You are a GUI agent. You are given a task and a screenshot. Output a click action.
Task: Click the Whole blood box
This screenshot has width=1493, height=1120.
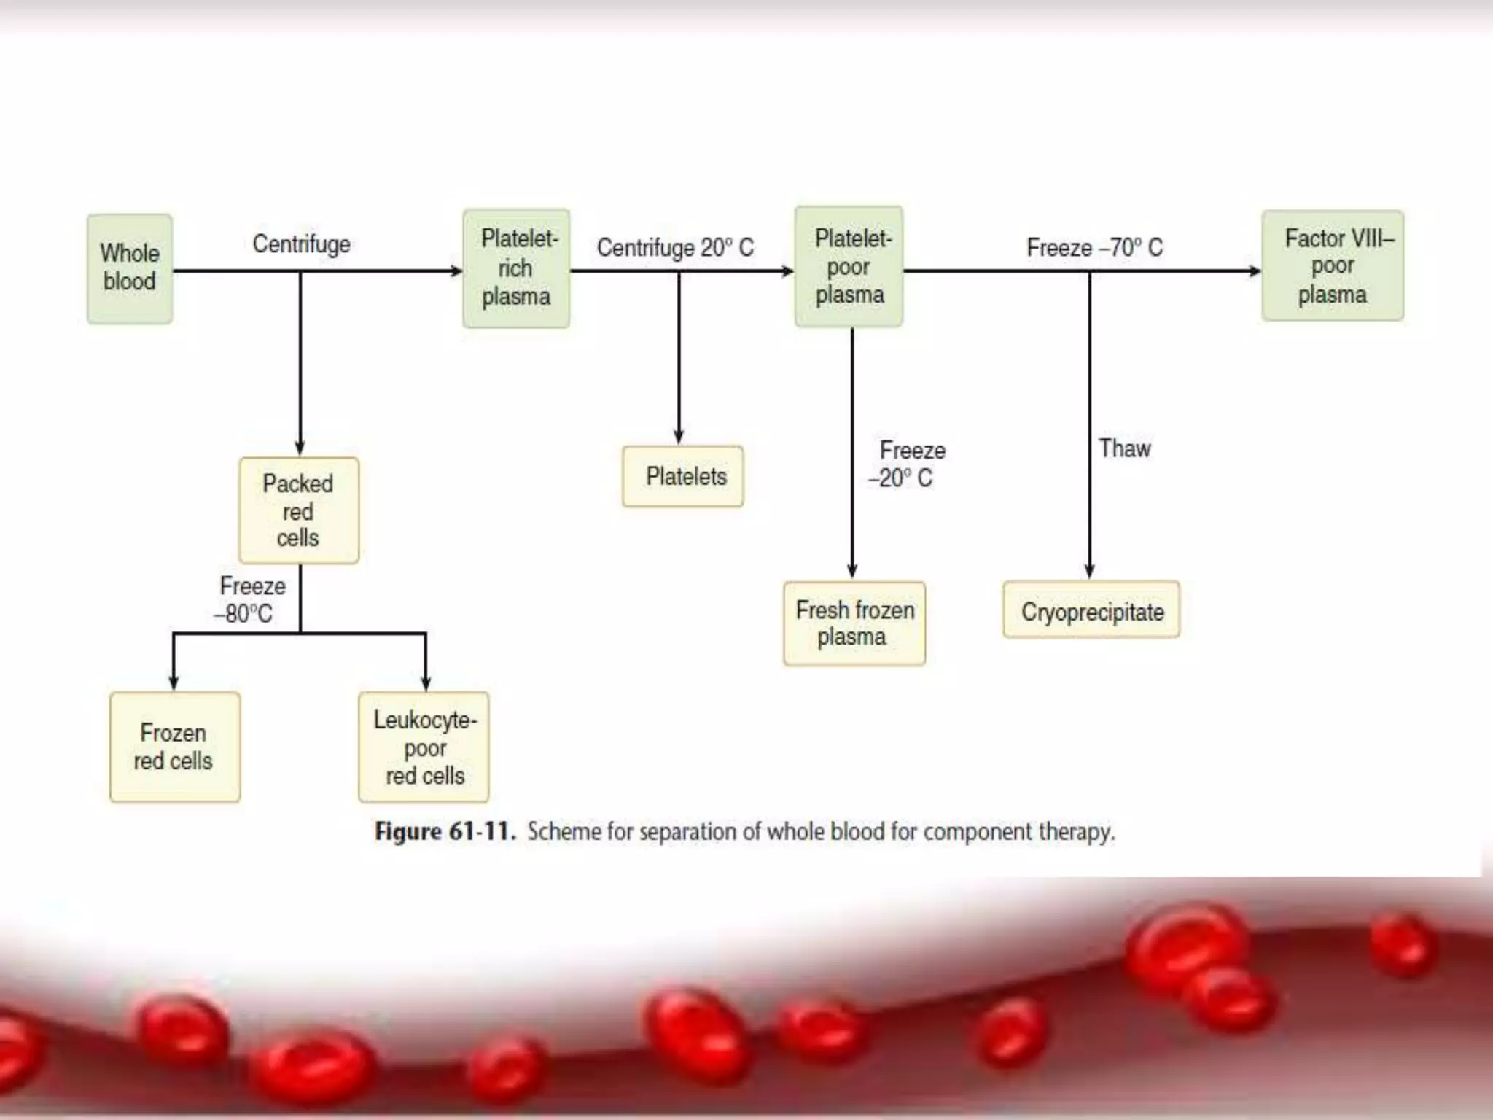130,268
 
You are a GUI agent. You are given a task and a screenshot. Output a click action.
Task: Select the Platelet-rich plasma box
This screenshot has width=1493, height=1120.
516,268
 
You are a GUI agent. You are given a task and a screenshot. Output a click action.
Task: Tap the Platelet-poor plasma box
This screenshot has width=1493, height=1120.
849,267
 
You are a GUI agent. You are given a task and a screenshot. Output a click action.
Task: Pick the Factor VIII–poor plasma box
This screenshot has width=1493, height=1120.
1333,266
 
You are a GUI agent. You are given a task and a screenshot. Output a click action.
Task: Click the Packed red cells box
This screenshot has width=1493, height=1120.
298,510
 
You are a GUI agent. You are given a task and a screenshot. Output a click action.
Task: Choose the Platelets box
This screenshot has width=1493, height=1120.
683,476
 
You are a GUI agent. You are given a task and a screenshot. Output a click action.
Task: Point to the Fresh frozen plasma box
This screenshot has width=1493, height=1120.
854,623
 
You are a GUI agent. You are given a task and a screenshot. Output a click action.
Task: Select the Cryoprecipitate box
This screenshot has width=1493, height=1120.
1091,611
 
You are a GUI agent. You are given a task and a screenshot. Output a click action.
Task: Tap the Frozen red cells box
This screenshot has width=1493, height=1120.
174,747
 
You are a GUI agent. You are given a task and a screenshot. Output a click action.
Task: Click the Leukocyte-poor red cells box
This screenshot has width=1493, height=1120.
424,747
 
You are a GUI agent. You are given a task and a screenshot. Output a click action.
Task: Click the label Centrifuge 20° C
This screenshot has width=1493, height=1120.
675,248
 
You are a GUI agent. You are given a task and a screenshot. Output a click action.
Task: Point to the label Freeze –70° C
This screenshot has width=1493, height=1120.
1094,248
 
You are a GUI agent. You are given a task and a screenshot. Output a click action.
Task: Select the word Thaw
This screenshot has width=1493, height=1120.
1125,448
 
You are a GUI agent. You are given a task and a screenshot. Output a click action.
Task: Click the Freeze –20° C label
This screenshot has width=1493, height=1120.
907,464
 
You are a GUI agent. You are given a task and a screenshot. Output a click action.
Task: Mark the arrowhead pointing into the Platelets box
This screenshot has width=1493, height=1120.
679,437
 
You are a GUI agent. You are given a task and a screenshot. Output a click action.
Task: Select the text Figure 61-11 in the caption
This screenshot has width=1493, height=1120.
445,831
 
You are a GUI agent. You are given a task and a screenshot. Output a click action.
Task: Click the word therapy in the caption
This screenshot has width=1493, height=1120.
1076,832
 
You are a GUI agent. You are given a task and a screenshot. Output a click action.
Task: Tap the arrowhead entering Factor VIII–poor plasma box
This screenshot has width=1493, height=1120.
1254,271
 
